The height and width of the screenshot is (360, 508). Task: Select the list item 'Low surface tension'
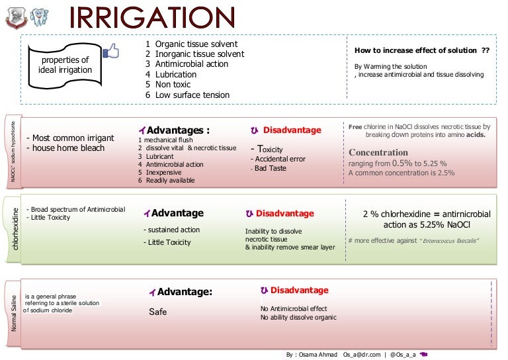pos(192,95)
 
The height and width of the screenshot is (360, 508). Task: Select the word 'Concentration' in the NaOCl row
pos(378,152)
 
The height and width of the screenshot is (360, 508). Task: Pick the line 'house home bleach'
pos(65,148)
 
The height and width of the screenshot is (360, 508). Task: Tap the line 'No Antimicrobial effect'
pos(294,308)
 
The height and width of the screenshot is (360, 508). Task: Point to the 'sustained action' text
pos(171,230)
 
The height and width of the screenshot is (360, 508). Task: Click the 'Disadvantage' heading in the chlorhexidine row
pos(284,214)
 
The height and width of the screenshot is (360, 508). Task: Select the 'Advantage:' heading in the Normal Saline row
pos(185,292)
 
